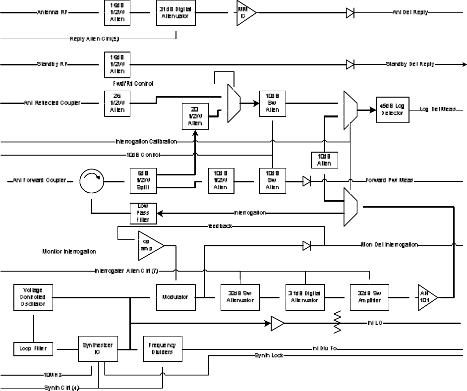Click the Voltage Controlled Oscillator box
click(x=34, y=297)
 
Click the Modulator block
click(x=175, y=297)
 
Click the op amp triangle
click(x=149, y=245)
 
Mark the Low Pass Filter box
click(x=143, y=213)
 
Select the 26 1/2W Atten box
click(x=117, y=103)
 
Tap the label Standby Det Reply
click(x=410, y=64)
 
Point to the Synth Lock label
click(x=269, y=356)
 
